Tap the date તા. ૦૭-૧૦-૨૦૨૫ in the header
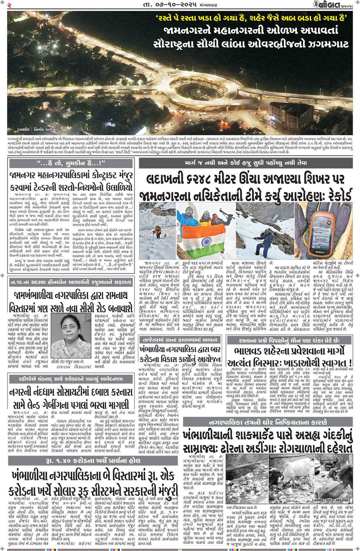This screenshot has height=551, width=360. (x=170, y=5)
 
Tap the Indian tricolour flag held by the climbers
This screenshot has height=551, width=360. (x=206, y=242)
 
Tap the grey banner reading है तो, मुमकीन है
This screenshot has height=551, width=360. (x=71, y=163)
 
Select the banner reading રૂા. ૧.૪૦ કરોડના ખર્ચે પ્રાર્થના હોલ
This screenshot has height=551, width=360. (x=93, y=460)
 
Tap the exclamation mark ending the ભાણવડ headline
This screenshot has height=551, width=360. (x=349, y=362)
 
